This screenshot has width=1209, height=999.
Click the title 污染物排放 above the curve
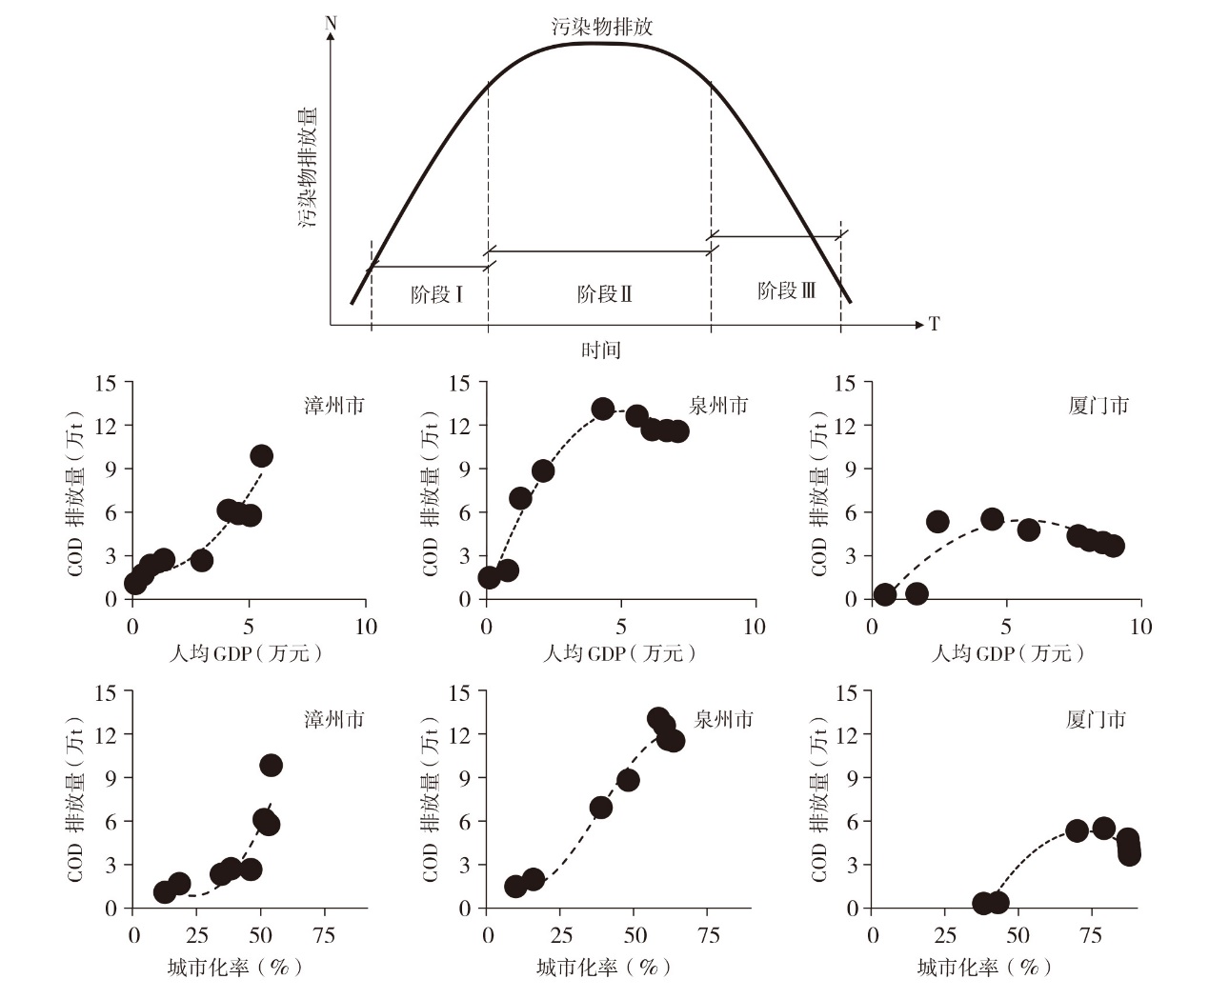click(602, 26)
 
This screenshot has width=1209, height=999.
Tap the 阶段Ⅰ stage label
click(436, 293)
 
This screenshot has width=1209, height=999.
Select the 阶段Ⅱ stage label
click(604, 293)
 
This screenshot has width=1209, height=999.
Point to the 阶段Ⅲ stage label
click(786, 290)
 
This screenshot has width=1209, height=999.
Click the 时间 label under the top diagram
click(601, 350)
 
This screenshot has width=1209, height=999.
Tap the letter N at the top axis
click(331, 22)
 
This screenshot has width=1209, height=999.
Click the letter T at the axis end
click(934, 324)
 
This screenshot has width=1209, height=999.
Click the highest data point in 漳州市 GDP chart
click(261, 455)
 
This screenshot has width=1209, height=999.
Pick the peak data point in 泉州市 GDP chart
click(603, 409)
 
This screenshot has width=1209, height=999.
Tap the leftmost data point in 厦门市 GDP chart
click(884, 594)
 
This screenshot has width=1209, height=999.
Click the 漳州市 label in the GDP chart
click(334, 406)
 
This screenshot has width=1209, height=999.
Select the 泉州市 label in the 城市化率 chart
click(724, 719)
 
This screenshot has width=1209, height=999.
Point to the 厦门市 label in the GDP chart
click(1098, 406)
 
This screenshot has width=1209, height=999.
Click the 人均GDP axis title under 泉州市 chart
click(618, 653)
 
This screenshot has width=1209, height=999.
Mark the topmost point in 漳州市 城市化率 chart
click(271, 765)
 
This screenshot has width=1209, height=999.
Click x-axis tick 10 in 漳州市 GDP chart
click(366, 627)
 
